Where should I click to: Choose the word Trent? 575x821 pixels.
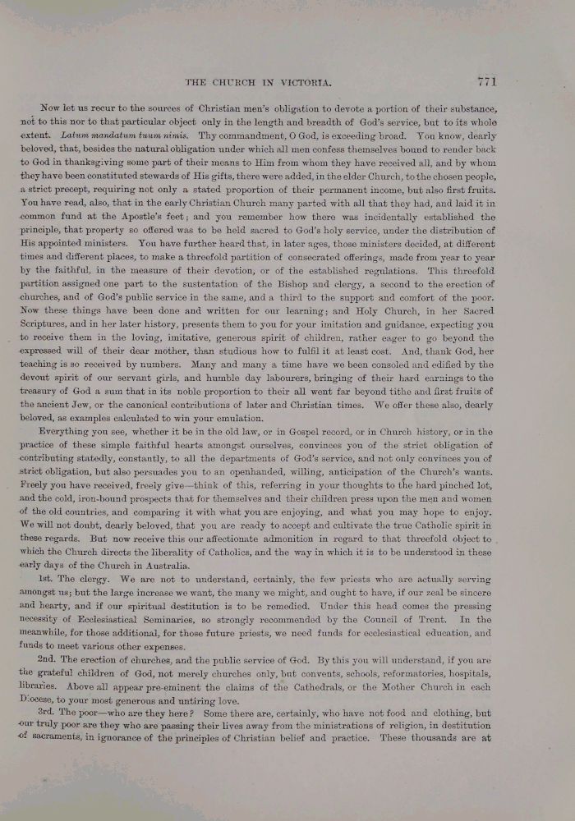(435, 619)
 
